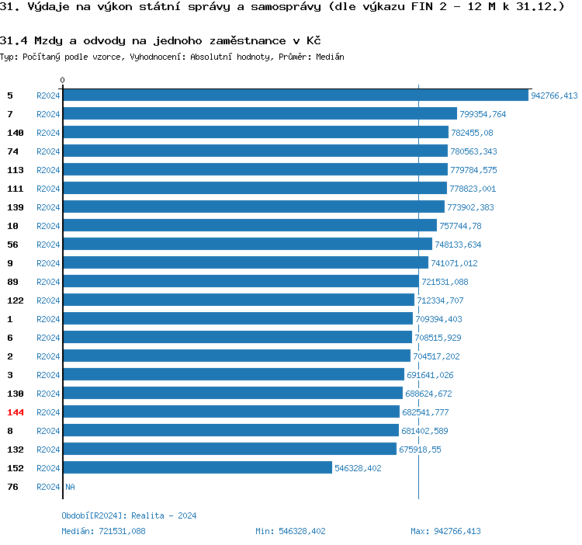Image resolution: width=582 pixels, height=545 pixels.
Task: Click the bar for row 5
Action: pos(295,95)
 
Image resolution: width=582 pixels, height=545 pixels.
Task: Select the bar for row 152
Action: pos(197,468)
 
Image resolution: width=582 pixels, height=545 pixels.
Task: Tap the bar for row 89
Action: pos(241,282)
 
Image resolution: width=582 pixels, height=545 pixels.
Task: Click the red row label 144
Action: pos(16,412)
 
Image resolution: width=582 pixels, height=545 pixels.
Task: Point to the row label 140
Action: pos(16,133)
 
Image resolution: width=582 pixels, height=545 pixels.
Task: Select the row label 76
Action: pos(12,487)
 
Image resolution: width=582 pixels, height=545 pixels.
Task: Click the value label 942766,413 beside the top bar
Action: pos(554,95)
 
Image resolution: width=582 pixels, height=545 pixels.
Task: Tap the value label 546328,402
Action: pos(358,468)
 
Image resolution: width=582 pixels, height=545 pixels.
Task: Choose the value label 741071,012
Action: pos(454,263)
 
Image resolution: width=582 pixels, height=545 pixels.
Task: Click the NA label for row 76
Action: pos(70,487)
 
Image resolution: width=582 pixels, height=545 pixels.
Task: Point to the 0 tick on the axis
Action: pos(63,80)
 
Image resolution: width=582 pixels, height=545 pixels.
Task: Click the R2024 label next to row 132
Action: pos(48,450)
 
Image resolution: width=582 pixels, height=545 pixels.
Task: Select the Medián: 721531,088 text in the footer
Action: pos(103,531)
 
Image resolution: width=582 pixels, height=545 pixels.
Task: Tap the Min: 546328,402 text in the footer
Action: pos(290,531)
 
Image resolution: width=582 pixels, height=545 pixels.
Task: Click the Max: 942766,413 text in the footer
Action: pos(445,531)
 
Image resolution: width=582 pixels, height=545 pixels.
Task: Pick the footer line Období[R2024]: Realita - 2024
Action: pos(129,515)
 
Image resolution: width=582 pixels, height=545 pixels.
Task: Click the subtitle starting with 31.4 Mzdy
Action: pos(161,40)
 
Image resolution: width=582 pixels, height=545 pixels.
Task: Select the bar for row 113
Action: pos(255,170)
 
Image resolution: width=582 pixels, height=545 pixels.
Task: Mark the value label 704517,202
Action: pos(436,356)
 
